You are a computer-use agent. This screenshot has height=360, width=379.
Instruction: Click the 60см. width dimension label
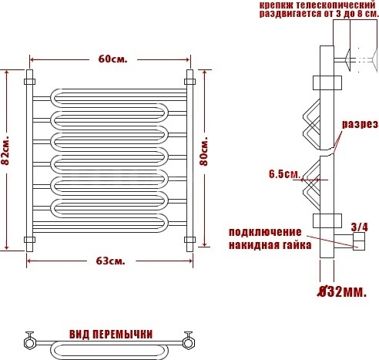(x=112, y=59)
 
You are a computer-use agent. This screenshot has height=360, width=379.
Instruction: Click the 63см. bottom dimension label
(x=111, y=261)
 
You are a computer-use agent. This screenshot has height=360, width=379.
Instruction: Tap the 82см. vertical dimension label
(x=5, y=151)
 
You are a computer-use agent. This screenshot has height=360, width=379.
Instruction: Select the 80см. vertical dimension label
(x=204, y=153)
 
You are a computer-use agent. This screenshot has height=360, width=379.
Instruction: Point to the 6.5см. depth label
(x=284, y=174)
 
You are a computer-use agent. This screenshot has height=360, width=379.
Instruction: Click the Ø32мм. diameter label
(x=342, y=291)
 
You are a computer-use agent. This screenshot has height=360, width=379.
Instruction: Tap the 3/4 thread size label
(x=359, y=227)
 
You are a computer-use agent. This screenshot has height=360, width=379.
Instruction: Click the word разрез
(x=360, y=124)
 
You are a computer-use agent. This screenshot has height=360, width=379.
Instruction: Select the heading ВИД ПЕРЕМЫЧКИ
(x=111, y=335)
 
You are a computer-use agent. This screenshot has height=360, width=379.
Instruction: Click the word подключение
(x=265, y=232)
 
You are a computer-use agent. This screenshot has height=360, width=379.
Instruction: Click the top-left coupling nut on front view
(x=29, y=82)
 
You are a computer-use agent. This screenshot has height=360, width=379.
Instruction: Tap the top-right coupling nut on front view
(x=189, y=82)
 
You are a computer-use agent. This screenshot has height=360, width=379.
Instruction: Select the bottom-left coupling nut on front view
(x=29, y=240)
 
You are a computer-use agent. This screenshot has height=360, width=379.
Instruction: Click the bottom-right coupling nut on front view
(x=189, y=240)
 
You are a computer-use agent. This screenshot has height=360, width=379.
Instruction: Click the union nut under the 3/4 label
(x=359, y=241)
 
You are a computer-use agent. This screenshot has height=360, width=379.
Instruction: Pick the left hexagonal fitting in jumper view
(x=29, y=342)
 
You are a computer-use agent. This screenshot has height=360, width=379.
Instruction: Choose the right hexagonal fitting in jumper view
(x=188, y=342)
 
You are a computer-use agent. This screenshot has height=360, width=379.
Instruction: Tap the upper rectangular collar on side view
(x=327, y=82)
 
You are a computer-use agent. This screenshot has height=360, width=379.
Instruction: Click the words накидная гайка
(x=270, y=245)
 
